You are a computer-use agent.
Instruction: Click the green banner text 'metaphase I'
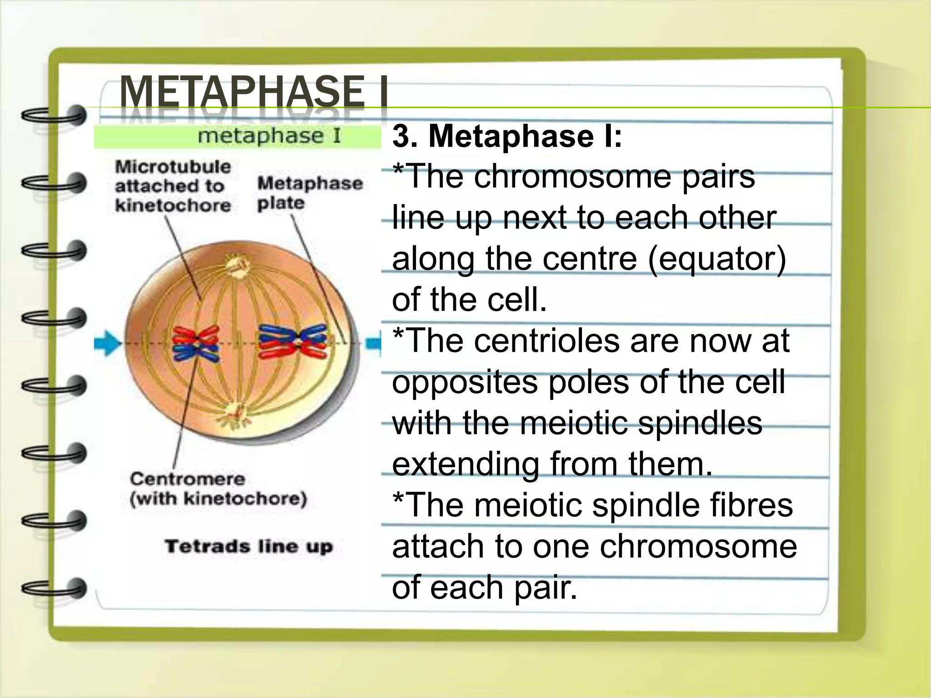tap(269, 136)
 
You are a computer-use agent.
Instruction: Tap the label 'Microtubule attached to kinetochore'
tap(173, 186)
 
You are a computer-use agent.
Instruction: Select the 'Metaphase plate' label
tap(310, 193)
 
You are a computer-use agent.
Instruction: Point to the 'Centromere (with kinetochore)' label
tap(218, 489)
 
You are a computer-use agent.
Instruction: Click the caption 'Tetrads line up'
tap(249, 546)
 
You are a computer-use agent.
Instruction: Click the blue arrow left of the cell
tap(107, 343)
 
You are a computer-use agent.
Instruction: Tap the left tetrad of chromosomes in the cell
tap(196, 344)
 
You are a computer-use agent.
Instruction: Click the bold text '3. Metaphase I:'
tap(507, 136)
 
